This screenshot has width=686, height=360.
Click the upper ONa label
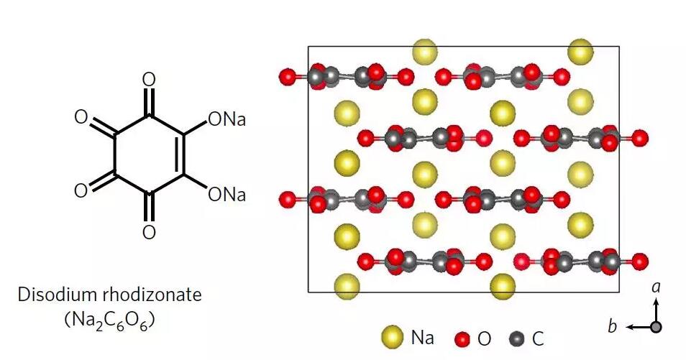click(227, 119)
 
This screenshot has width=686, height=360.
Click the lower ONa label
click(227, 195)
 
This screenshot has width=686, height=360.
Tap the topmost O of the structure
click(149, 80)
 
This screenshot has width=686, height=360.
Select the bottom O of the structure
click(149, 232)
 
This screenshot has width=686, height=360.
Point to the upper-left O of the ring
click(81, 117)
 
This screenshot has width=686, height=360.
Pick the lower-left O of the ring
click(81, 191)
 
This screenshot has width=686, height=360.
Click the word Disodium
click(56, 295)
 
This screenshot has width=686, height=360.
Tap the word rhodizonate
click(152, 295)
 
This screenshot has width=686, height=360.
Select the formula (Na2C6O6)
click(109, 320)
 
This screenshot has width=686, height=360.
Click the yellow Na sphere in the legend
click(393, 337)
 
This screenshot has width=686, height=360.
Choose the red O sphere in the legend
click(462, 338)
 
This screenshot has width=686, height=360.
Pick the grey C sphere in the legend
click(517, 338)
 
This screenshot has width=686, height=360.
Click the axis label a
click(656, 287)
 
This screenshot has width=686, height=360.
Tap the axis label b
click(613, 326)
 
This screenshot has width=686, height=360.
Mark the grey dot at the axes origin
click(656, 327)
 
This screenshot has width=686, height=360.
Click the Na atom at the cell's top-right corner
click(580, 52)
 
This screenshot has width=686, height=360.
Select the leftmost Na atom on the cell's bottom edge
click(347, 287)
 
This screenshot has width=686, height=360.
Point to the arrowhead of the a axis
click(656, 300)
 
